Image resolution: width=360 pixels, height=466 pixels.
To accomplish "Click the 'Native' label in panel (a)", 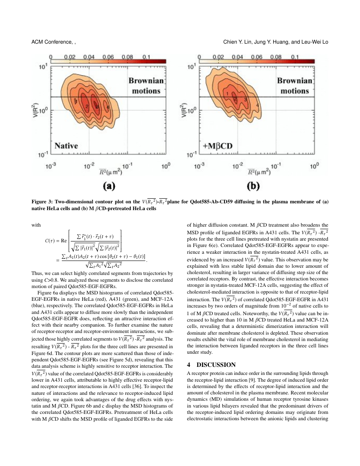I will tap(66, 146).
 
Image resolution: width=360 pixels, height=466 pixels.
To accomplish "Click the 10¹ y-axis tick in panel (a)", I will tap(43, 67).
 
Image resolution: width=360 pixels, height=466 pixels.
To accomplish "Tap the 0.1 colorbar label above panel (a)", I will tap(147, 56).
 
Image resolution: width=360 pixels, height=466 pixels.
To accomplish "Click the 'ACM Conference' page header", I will tap(53, 42).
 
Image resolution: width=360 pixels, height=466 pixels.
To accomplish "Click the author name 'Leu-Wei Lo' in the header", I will tap(313, 42).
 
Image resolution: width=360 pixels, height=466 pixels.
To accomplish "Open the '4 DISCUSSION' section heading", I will tap(211, 365).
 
